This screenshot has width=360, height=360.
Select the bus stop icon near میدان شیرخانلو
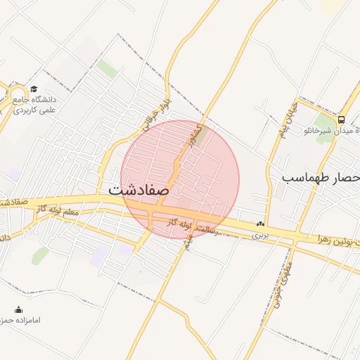tap(341, 120)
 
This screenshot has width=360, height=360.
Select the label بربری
tap(261, 234)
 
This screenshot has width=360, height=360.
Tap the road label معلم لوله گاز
tap(67, 211)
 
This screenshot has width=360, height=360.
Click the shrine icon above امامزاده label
tap(19, 309)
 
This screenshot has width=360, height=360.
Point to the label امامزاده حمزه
tap(25, 320)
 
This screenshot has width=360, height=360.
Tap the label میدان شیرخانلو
tap(330, 131)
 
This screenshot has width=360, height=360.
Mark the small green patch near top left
tap(107, 68)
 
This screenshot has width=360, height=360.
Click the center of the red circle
tap(180, 180)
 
